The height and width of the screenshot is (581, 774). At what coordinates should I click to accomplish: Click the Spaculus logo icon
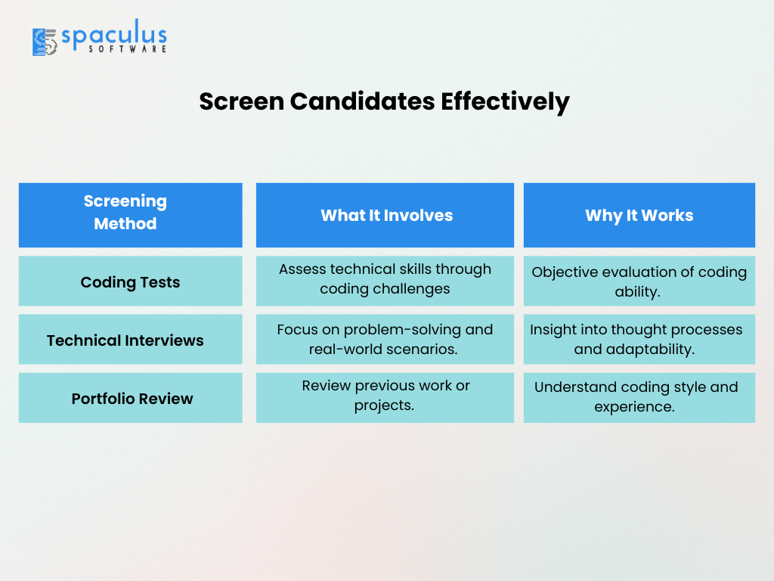[45, 42]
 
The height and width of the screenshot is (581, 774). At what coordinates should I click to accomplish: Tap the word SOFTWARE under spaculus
[127, 49]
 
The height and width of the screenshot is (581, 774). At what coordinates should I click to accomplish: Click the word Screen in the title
[241, 101]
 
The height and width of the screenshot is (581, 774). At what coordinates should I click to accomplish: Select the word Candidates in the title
[362, 101]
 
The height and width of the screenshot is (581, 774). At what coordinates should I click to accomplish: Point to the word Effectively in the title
[505, 102]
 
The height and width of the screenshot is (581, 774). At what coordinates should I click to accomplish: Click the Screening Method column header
[130, 215]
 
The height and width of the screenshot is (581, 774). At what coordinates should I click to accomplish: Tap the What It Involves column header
[385, 215]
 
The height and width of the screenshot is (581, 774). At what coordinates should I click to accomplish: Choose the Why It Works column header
[639, 215]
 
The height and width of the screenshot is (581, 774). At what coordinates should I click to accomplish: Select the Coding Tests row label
[130, 281]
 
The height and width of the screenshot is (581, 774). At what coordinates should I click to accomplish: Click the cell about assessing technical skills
[385, 281]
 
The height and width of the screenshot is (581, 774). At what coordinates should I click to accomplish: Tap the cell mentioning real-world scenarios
[385, 340]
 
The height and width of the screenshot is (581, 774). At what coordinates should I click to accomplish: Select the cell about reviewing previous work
[385, 398]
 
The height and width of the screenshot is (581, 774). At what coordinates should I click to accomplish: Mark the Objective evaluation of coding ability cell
[639, 281]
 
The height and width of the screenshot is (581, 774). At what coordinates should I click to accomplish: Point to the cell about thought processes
[639, 340]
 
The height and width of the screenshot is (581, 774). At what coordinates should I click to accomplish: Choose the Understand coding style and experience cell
[639, 398]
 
